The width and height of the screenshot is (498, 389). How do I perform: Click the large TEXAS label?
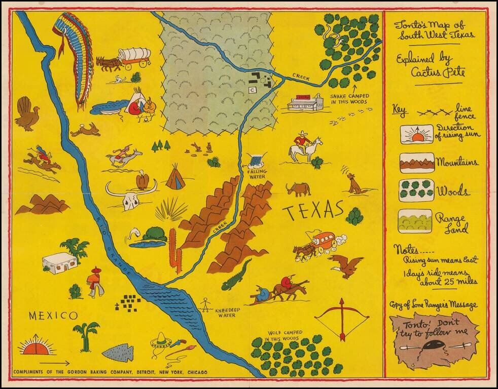click(313, 211)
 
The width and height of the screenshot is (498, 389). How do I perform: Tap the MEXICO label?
click(53, 316)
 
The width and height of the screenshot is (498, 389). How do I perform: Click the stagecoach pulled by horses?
click(319, 244)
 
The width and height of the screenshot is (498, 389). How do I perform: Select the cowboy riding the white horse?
click(305, 146)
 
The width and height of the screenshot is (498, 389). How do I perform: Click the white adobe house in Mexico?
click(60, 263)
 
